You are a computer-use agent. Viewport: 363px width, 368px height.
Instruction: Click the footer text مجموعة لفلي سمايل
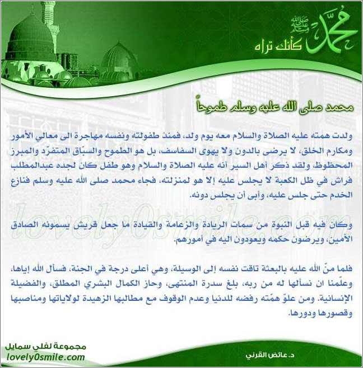42,347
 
